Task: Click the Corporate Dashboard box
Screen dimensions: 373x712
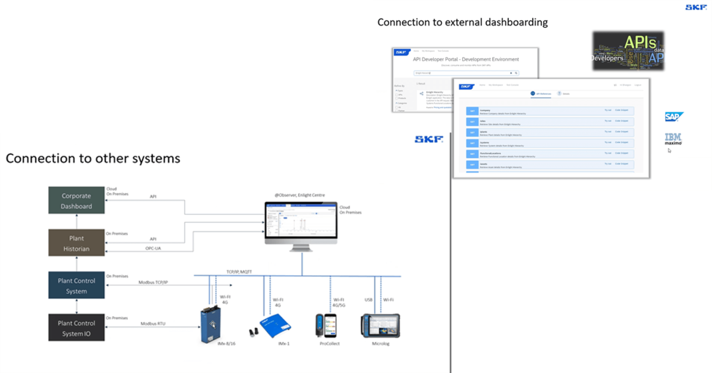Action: point(76,201)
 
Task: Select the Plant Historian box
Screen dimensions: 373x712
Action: point(76,243)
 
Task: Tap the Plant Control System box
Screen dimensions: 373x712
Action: point(76,285)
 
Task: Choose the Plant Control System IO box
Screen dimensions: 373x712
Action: point(76,328)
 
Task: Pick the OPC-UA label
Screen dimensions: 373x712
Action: point(153,248)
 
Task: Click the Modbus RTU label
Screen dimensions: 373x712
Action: point(153,324)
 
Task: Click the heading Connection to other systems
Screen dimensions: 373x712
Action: point(93,159)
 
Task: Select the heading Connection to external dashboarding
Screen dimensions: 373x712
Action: point(462,22)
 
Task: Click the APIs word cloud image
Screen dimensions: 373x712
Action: point(628,51)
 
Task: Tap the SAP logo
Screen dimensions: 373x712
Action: point(674,117)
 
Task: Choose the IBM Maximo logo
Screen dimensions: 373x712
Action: point(673,138)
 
